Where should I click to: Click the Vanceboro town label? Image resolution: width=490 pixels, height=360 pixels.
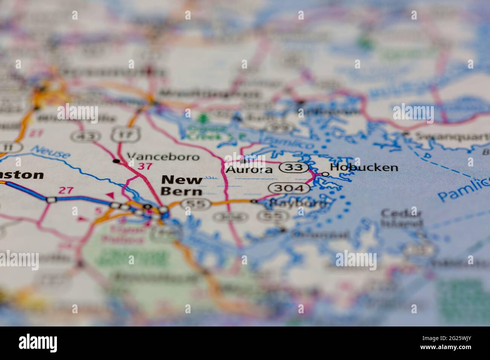tap(163, 157)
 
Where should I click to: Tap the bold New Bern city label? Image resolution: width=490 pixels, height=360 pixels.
tap(181, 186)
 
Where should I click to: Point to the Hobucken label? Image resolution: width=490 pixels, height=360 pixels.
tap(364, 168)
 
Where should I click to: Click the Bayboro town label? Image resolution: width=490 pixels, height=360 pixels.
tap(298, 204)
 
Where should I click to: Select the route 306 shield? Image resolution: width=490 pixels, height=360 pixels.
tap(230, 217)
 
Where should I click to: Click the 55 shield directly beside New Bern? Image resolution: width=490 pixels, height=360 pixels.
tap(194, 204)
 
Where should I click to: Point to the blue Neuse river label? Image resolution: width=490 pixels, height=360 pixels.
tap(51, 152)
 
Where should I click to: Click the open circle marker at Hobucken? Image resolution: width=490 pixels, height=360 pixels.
tap(324, 174)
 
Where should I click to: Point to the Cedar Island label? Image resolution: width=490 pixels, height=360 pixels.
tap(401, 218)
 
